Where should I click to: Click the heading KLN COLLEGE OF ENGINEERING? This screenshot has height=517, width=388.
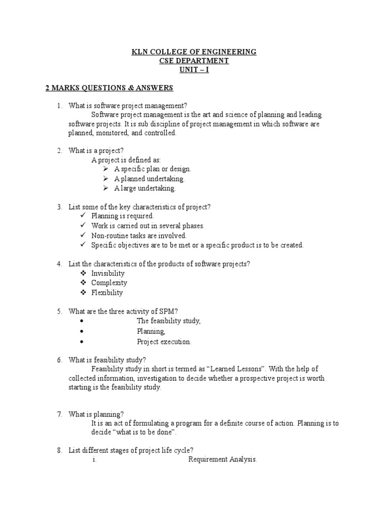193,51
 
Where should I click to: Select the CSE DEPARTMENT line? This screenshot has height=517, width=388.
193,61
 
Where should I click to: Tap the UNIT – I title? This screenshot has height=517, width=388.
193,70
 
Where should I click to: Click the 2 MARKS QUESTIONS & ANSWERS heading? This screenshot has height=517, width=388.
109,88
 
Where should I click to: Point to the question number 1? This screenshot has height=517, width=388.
59,106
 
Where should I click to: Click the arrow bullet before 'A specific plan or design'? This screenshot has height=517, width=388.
105,169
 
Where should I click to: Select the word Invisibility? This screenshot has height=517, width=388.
108,273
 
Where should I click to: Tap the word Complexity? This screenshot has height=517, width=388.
109,283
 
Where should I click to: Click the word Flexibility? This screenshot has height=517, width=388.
107,292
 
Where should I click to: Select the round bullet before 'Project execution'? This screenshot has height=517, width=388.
81,341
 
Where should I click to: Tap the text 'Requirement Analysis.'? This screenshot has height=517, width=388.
223,459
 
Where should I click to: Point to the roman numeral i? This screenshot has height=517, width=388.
94,459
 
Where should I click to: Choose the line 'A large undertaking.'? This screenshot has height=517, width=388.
145,188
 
